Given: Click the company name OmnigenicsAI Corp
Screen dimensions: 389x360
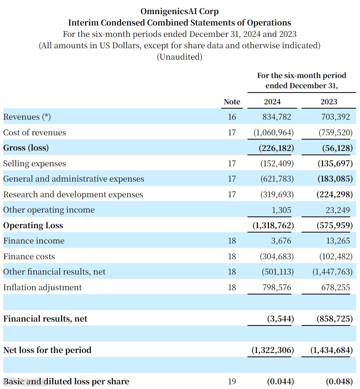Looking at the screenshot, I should coord(180,11).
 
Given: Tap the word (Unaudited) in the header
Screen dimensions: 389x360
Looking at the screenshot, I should coord(180,57).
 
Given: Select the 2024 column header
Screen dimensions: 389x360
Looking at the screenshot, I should coord(272,102).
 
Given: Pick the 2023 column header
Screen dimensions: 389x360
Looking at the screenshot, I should coord(329,102).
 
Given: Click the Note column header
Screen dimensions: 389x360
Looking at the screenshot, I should coord(232,102).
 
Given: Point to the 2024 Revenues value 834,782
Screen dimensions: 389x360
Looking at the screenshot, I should coord(277,117).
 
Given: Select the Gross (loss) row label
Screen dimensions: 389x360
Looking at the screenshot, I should coord(26,148).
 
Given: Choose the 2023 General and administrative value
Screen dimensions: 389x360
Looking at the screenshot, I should coord(335,179).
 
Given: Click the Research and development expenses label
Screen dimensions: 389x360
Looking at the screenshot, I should coord(73,194).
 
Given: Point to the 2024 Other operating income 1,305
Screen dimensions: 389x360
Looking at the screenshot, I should coord(281,210).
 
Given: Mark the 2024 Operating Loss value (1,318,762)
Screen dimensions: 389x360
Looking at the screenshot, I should coord(273,225).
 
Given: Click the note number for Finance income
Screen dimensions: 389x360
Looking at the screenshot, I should coord(232,241).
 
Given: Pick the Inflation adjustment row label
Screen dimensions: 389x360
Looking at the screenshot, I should coord(42,287).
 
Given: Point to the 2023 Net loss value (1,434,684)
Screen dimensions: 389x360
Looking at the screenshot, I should coord(331,350).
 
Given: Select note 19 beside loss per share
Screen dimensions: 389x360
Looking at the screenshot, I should coord(232,381).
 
